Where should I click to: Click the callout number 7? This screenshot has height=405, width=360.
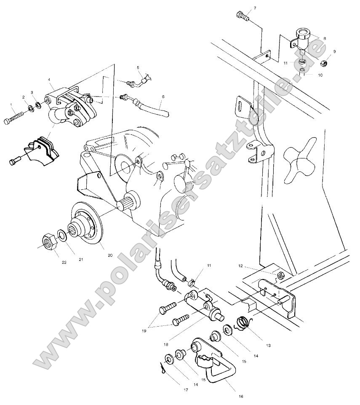243,8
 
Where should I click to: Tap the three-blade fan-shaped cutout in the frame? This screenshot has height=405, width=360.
299,160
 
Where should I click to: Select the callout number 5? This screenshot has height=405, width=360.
138,67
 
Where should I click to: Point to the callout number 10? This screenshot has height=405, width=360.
320,75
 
